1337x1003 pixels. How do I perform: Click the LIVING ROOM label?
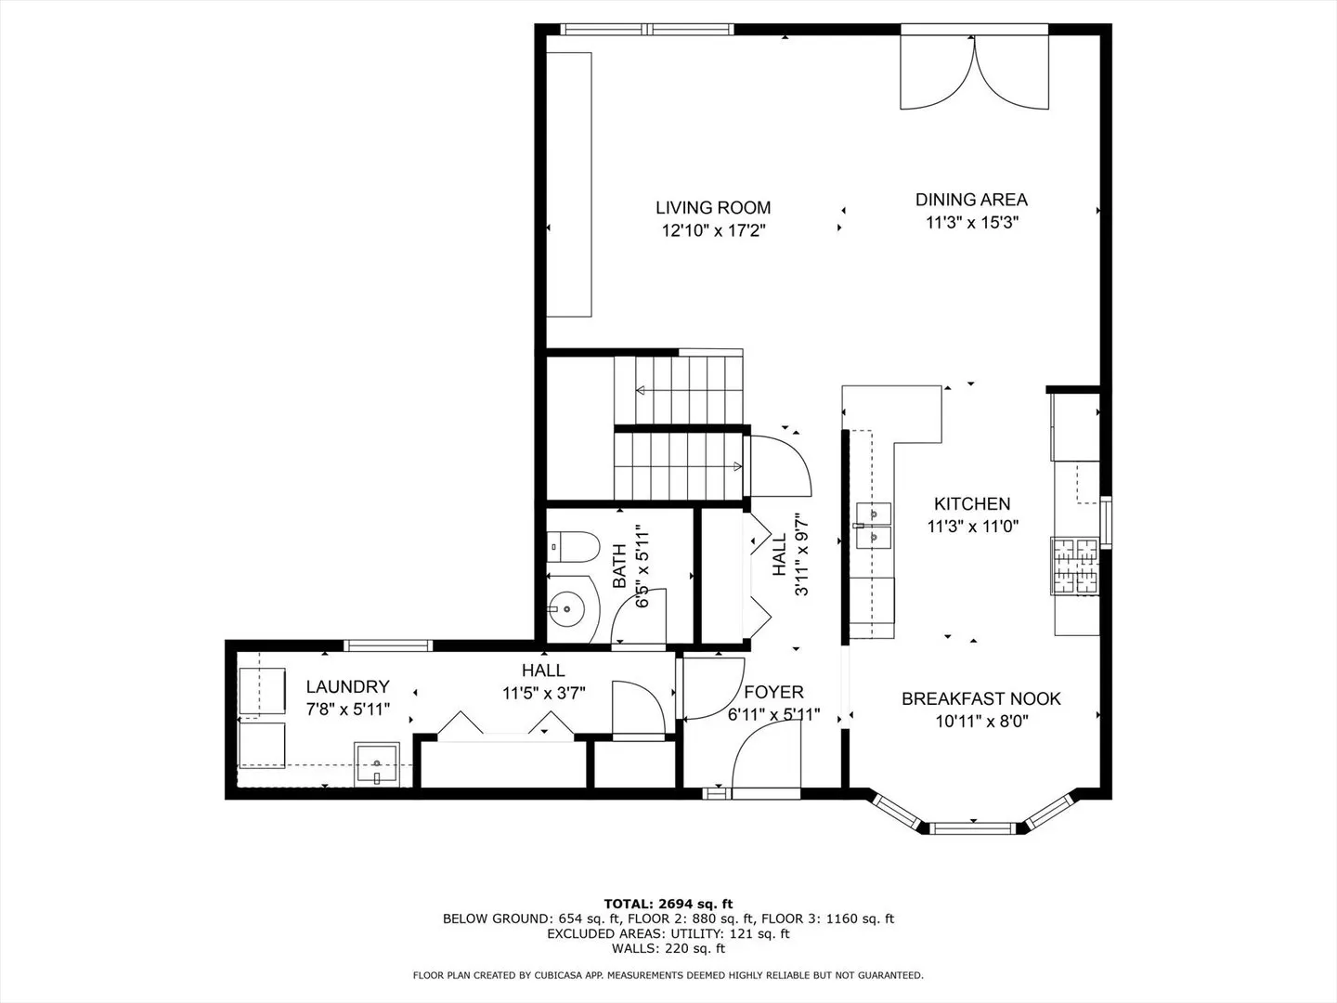click(713, 208)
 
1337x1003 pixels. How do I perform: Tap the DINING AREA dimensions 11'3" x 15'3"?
click(972, 222)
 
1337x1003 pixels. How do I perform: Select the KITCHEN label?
click(972, 503)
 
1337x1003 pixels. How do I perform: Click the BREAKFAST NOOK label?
click(981, 698)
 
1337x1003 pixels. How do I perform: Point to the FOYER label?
click(773, 692)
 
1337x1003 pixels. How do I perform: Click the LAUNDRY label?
click(347, 686)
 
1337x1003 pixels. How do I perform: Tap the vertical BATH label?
click(619, 566)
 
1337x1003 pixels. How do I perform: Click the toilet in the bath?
click(573, 546)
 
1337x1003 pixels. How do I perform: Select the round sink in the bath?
click(566, 607)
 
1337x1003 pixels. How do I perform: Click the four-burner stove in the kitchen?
click(1074, 566)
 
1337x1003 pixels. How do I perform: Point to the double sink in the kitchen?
click(874, 525)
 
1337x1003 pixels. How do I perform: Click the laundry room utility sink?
click(377, 764)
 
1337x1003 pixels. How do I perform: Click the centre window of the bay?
click(973, 828)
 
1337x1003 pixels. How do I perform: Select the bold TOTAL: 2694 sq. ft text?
click(668, 904)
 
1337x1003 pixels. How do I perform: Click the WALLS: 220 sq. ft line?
click(668, 948)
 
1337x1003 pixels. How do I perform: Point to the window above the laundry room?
click(388, 645)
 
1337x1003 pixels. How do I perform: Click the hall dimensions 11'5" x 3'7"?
click(544, 693)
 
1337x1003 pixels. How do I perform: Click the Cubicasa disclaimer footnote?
click(668, 975)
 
